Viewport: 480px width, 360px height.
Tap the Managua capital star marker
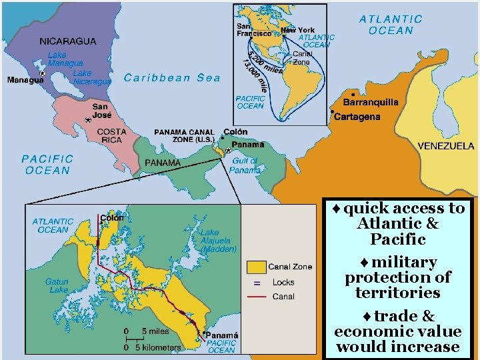tap(42, 73)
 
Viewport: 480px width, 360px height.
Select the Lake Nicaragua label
tap(92, 77)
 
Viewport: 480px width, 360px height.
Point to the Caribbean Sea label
tap(172, 78)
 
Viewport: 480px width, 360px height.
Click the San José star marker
tap(87, 120)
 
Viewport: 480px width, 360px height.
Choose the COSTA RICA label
tap(111, 136)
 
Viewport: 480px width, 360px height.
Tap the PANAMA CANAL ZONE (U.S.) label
tap(184, 136)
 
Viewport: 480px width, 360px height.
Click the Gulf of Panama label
tap(245, 165)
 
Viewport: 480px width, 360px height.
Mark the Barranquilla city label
tap(371, 103)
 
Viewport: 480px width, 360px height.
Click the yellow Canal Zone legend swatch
tap(255, 267)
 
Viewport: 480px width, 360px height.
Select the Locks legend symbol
tap(255, 283)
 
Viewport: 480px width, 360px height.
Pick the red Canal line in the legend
tap(255, 297)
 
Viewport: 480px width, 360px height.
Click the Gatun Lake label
tap(57, 286)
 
